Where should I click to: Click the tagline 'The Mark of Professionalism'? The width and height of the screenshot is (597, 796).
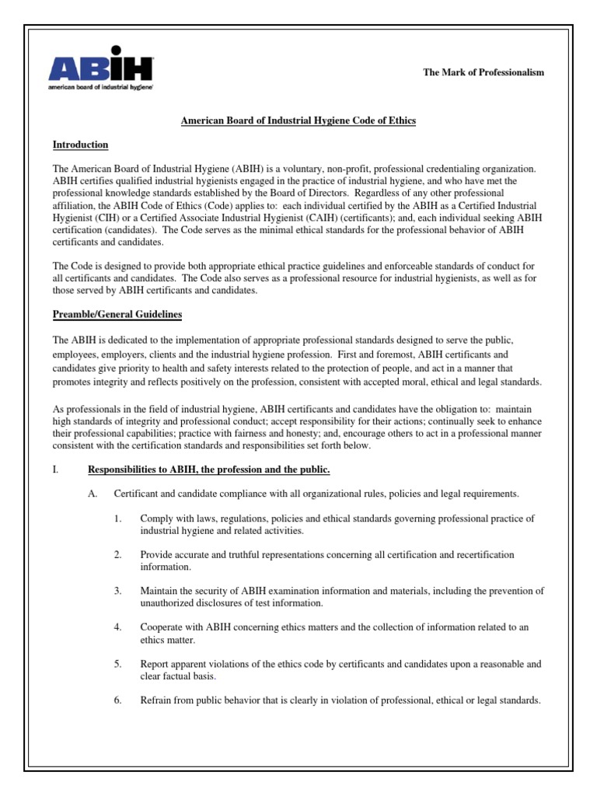pyautogui.click(x=484, y=72)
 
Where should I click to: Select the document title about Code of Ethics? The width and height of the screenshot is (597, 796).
pyautogui.click(x=298, y=120)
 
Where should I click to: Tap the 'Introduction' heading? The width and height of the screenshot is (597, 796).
pyautogui.click(x=80, y=145)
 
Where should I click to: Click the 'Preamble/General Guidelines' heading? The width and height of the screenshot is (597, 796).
pyautogui.click(x=117, y=314)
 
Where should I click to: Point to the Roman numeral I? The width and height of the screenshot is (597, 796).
pyautogui.click(x=54, y=470)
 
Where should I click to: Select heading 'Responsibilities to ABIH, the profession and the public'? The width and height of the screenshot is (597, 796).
pyautogui.click(x=209, y=470)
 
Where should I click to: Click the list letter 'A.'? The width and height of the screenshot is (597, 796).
pyautogui.click(x=94, y=494)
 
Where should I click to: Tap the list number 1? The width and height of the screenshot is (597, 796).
pyautogui.click(x=118, y=518)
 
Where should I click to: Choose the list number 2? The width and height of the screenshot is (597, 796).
pyautogui.click(x=118, y=554)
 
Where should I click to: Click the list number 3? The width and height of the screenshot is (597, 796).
pyautogui.click(x=118, y=591)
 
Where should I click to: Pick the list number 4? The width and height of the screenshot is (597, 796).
pyautogui.click(x=118, y=627)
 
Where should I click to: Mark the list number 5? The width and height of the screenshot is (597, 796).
pyautogui.click(x=118, y=664)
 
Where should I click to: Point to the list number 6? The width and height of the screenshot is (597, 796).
pyautogui.click(x=118, y=700)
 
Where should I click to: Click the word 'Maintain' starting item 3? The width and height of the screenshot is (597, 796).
pyautogui.click(x=160, y=591)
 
